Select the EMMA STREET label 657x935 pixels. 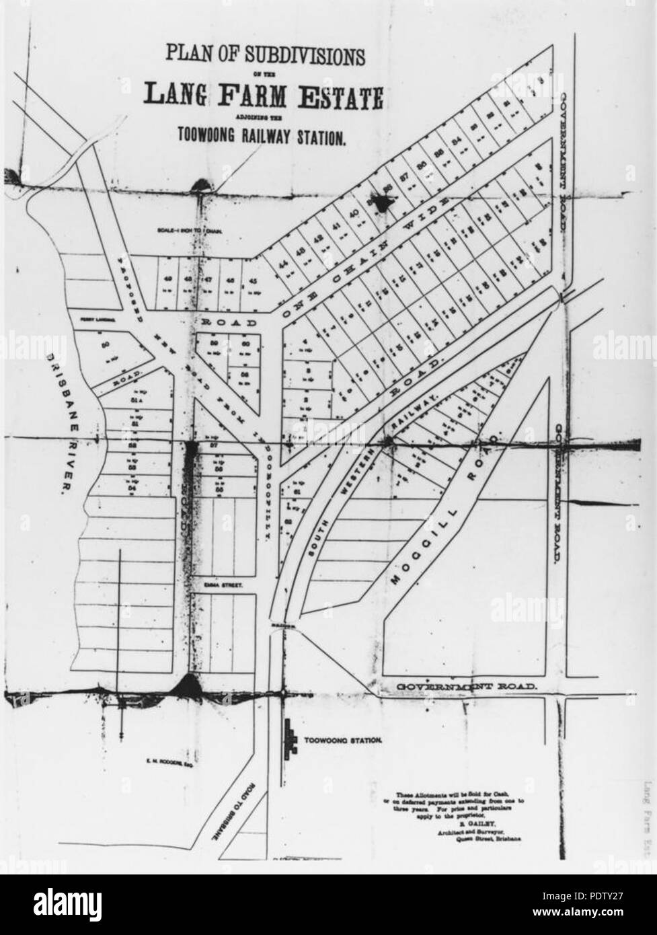[x=222, y=587]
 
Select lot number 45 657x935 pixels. [x=253, y=280]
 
